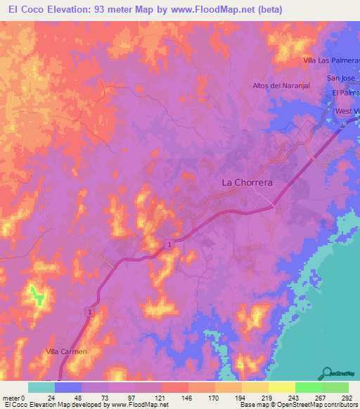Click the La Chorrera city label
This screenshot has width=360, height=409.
(x=247, y=182)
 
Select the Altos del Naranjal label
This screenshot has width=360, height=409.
(x=281, y=86)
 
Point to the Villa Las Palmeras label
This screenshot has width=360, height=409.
(x=330, y=61)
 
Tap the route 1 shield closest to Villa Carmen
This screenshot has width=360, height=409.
(x=90, y=311)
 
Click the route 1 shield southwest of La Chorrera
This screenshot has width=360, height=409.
(x=169, y=244)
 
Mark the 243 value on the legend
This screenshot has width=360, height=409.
(x=295, y=397)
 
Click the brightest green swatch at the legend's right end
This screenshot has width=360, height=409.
(x=335, y=387)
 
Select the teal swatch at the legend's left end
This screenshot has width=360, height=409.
(x=41, y=387)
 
